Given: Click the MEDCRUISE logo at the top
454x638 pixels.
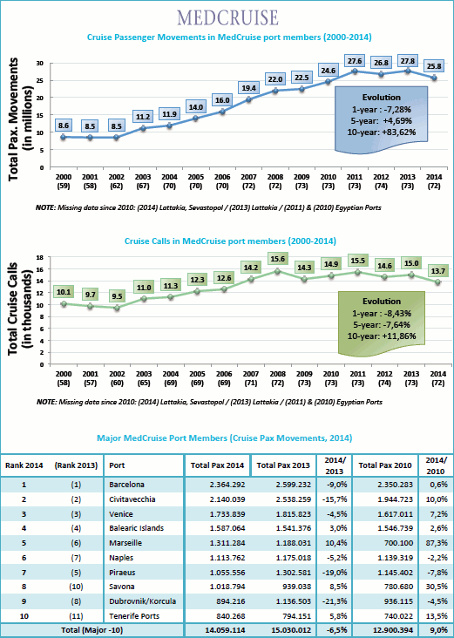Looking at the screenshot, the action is (227, 18).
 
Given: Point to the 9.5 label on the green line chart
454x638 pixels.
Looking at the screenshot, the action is (117, 296).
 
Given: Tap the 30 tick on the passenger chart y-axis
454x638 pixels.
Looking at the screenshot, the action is (39, 64).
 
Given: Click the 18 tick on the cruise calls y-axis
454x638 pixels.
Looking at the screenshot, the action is (40, 258).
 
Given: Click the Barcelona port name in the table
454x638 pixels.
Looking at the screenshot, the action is (126, 485).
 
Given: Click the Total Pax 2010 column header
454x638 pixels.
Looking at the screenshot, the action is (385, 465).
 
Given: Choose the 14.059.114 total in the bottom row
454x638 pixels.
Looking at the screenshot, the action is (227, 630).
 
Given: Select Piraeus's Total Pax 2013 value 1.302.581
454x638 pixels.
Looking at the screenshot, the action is (295, 573).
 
